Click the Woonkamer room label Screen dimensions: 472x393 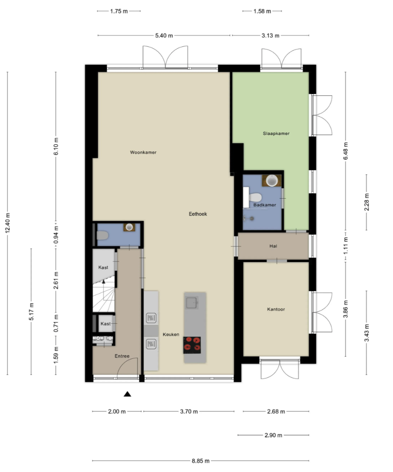pos(143,152)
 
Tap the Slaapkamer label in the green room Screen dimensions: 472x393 pos(276,133)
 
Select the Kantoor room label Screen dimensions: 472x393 pos(276,309)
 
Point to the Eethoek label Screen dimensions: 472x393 pos(197,213)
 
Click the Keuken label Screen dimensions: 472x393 pos(171,334)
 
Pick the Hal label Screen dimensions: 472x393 pos(273,246)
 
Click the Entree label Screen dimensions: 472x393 pos(122,356)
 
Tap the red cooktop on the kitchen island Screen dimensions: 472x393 pos(192,344)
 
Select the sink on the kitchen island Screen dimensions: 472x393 pos(192,302)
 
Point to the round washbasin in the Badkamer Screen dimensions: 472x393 pos(272,180)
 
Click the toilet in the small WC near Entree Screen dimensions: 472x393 pos(102,236)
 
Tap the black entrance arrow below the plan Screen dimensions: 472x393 pos(127,394)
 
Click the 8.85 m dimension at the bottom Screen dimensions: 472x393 pos(201,461)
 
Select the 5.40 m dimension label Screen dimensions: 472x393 pos(164,36)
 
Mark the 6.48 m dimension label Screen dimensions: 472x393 pos(346,151)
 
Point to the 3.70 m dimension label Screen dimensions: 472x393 pos(188,412)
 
